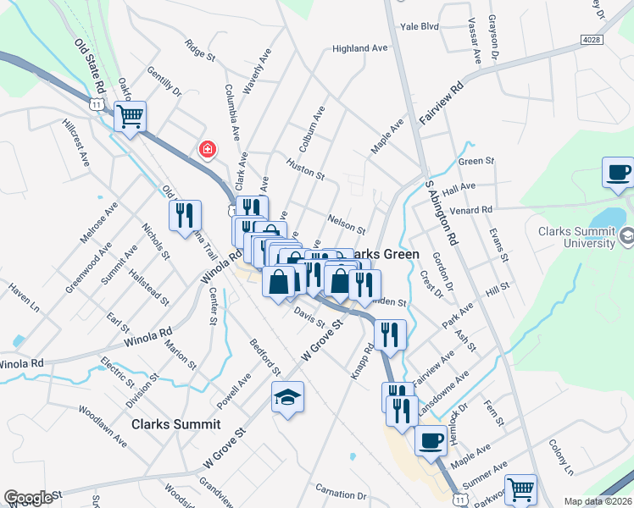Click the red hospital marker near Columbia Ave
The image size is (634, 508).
(x=206, y=151)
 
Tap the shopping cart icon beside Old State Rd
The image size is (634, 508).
(x=131, y=117)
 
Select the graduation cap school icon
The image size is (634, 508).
(x=287, y=396)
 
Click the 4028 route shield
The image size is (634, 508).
(x=592, y=40)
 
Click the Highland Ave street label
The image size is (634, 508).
(x=359, y=49)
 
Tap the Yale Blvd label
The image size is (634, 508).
(x=420, y=27)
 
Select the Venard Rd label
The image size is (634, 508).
(x=473, y=209)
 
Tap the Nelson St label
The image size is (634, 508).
(x=346, y=224)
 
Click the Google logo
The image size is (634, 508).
(x=28, y=498)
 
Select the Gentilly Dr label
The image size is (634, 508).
(x=164, y=82)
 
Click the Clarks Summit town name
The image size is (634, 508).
(x=175, y=424)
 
